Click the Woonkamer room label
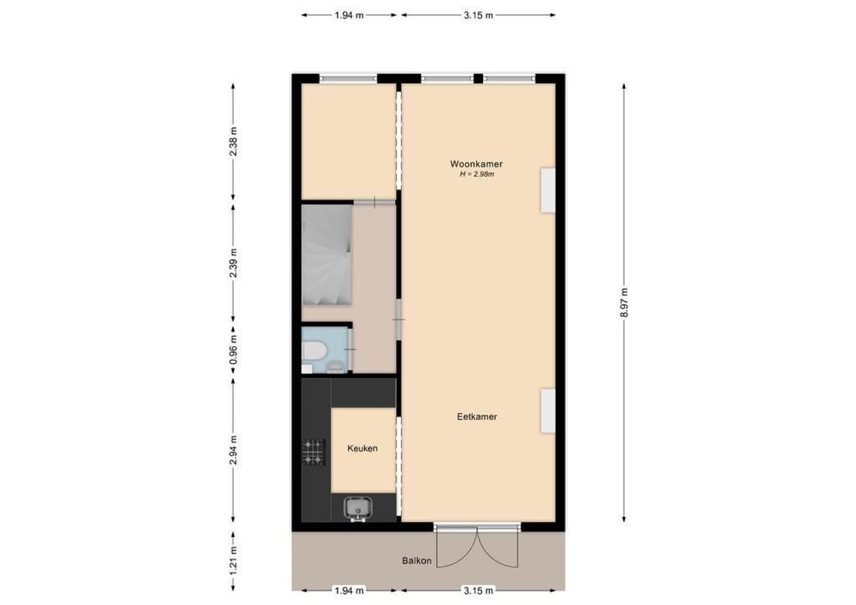(477, 163)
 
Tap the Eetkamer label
(477, 417)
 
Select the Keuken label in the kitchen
(363, 448)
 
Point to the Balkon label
(417, 560)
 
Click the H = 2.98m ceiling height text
(477, 175)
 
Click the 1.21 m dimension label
(234, 560)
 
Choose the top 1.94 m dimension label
(349, 14)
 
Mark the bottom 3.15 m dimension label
(478, 591)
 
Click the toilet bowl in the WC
(313, 351)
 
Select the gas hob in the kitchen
(313, 451)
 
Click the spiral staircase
(326, 257)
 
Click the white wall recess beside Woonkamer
(547, 191)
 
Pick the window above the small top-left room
(348, 78)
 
